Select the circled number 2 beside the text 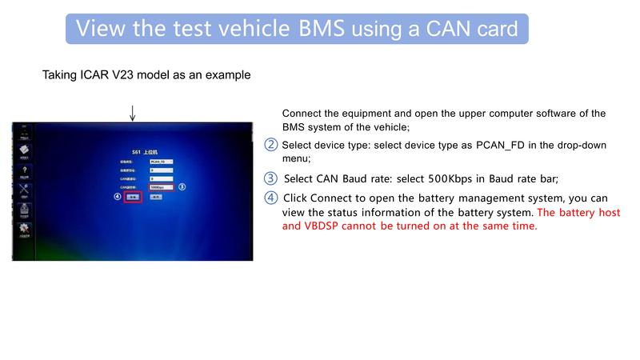tap(271, 145)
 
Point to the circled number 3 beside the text tap(271, 178)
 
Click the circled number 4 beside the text tap(271, 198)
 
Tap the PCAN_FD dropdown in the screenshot tap(161, 161)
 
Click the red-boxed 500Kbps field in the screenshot tap(161, 187)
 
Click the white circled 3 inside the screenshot tap(182, 187)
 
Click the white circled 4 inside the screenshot tap(117, 196)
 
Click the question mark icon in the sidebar tap(25, 170)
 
